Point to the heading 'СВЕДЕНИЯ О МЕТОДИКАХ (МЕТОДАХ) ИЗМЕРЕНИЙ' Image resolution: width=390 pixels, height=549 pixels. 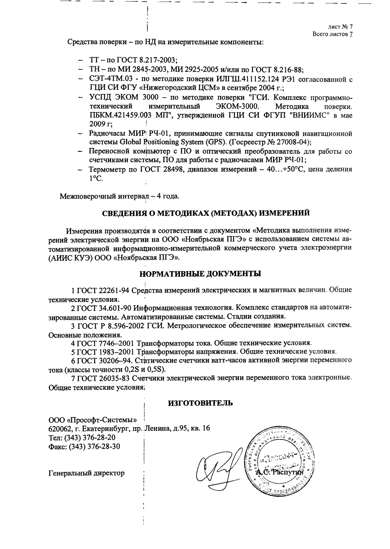click(x=206, y=213)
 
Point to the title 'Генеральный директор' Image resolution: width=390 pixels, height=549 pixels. click(x=87, y=473)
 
